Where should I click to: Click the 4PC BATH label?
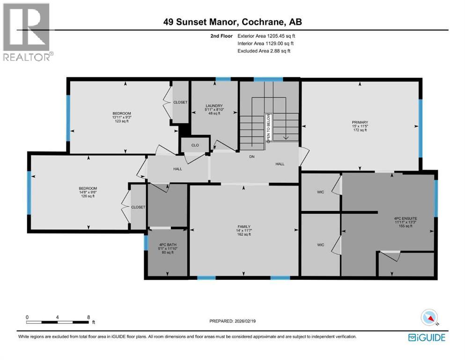tap(167, 244)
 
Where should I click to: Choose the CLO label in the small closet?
tap(195, 145)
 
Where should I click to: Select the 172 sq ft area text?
tap(360, 130)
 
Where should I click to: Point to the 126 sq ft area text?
tap(88, 196)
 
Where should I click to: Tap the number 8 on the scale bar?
tap(89, 317)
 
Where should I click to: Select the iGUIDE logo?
tap(427, 337)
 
